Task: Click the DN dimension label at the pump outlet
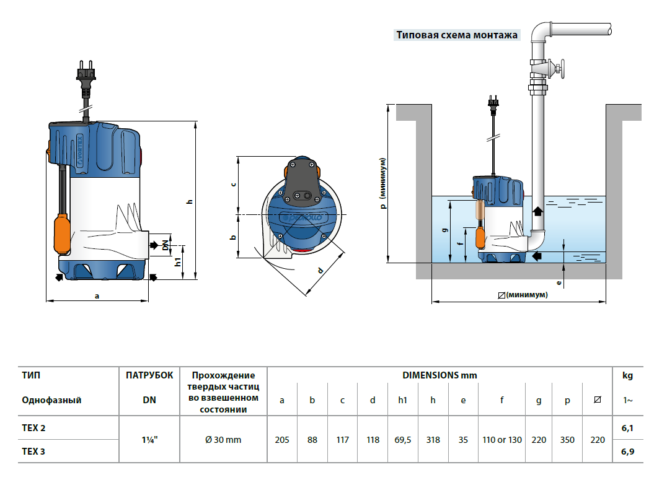click(x=166, y=245)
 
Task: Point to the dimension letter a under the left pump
click(x=97, y=296)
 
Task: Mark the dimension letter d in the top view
click(x=320, y=270)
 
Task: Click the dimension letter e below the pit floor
click(x=559, y=282)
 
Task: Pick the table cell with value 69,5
click(x=403, y=440)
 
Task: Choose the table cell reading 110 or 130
click(x=502, y=440)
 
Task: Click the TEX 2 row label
click(x=33, y=428)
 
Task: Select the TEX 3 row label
click(x=33, y=452)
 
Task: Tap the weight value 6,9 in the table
click(x=627, y=452)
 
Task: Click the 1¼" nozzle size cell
click(x=149, y=440)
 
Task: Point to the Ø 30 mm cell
click(x=223, y=440)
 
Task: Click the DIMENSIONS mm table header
click(x=440, y=375)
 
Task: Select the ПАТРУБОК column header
click(x=149, y=375)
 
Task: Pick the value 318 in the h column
click(x=433, y=440)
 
